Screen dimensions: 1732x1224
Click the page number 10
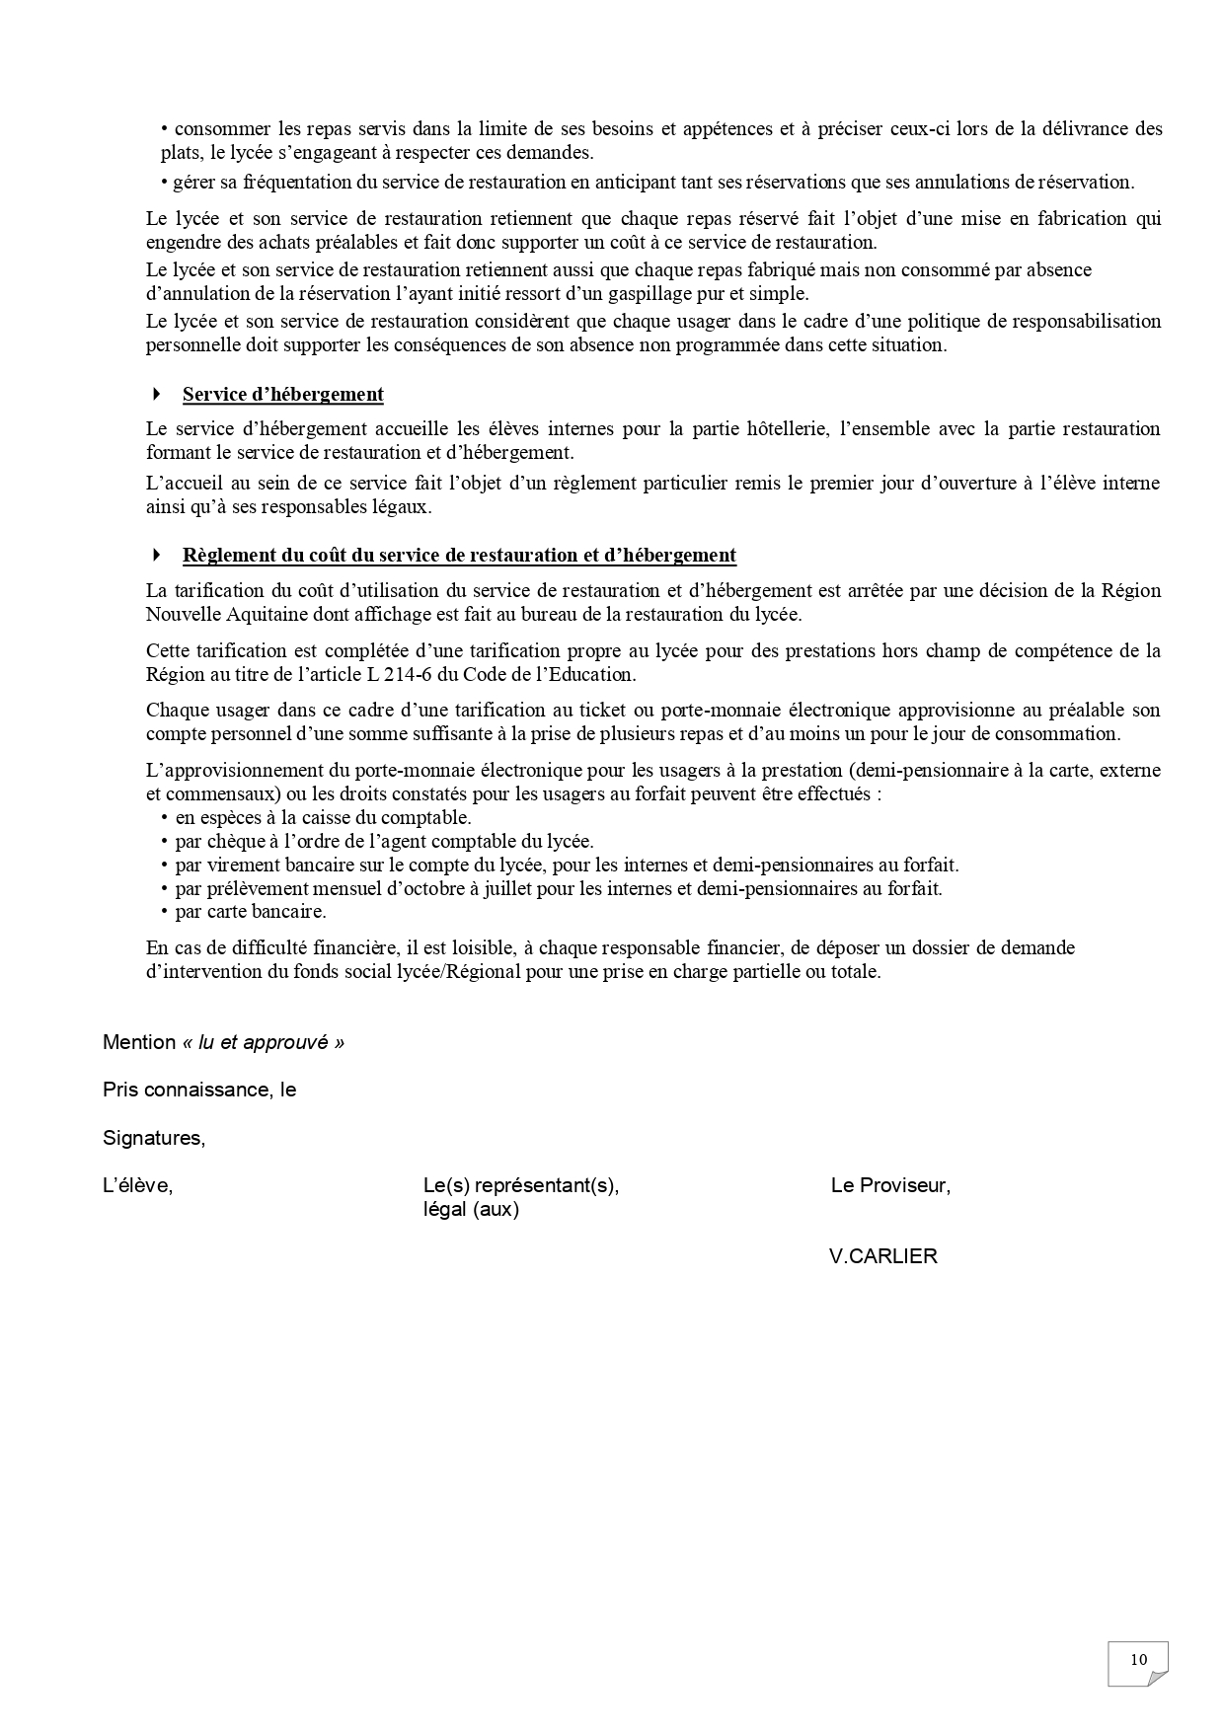coord(1138,1659)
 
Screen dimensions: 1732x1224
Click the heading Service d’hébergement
coord(282,395)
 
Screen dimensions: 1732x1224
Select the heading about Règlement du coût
coord(459,556)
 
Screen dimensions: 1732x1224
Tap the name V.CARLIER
coord(883,1256)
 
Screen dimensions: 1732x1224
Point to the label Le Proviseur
coord(890,1185)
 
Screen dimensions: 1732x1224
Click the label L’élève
coord(137,1185)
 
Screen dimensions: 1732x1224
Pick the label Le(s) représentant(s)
coord(520,1185)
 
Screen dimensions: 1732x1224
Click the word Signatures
coord(154,1138)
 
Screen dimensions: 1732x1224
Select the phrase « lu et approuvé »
coord(263,1042)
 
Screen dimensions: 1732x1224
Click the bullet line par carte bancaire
coord(250,912)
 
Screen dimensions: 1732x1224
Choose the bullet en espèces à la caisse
coord(323,818)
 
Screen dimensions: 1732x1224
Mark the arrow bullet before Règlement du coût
coord(156,556)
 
